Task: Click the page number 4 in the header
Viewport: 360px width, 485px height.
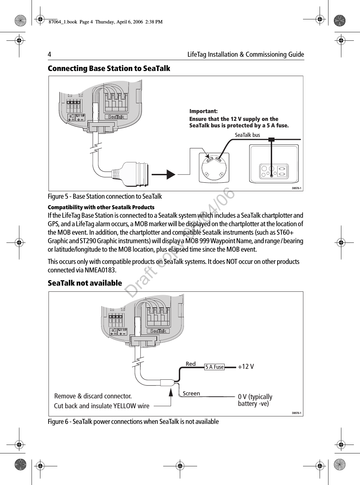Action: click(x=50, y=55)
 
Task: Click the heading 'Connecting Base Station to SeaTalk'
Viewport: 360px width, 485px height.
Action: click(x=109, y=69)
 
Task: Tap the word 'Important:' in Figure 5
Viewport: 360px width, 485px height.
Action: click(x=203, y=111)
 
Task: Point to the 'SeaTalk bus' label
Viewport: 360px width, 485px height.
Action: click(x=247, y=135)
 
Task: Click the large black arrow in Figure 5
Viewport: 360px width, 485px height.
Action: click(x=164, y=174)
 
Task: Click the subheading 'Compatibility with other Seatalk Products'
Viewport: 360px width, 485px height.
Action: click(x=101, y=207)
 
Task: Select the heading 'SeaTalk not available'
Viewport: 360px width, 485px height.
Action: click(x=85, y=283)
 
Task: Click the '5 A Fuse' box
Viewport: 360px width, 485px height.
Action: click(x=214, y=367)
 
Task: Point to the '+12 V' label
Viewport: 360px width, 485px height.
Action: click(x=246, y=367)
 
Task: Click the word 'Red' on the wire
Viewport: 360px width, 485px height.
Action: click(x=191, y=364)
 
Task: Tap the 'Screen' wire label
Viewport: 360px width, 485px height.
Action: click(x=191, y=393)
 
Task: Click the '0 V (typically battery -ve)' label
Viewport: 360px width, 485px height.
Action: click(x=255, y=400)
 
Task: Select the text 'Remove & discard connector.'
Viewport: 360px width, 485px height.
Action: click(x=93, y=396)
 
